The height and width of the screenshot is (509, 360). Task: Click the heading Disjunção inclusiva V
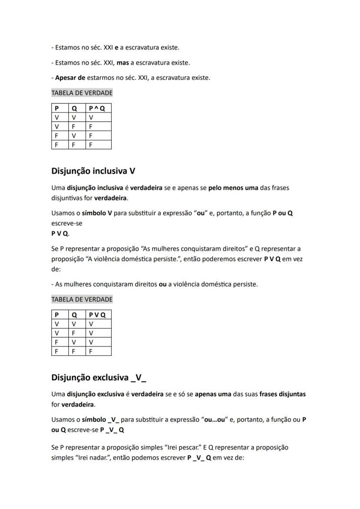click(93, 171)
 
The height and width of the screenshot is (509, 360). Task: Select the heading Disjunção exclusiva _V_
click(99, 377)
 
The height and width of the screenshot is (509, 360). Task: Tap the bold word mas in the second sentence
click(123, 63)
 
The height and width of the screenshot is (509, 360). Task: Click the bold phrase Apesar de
click(70, 78)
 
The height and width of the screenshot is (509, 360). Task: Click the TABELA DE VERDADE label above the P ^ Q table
click(82, 93)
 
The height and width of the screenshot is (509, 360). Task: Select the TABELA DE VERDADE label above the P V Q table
click(82, 299)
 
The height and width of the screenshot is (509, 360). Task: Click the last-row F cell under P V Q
click(91, 351)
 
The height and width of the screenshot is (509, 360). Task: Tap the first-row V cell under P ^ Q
click(91, 117)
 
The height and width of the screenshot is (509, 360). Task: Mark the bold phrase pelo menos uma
click(233, 188)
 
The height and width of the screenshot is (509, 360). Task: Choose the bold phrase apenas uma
click(213, 394)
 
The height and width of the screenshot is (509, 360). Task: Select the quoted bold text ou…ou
click(216, 419)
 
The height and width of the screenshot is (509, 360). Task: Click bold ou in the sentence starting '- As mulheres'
click(163, 284)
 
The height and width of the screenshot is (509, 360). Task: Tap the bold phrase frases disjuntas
click(282, 394)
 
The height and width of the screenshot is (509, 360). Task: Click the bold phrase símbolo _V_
click(100, 419)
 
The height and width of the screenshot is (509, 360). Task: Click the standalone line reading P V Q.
click(60, 233)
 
